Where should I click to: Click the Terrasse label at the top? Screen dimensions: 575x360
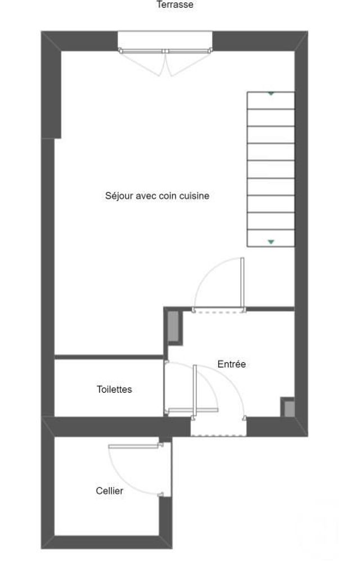[175, 5]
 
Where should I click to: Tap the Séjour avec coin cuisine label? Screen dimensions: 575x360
[157, 196]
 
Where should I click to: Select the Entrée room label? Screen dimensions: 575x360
[231, 364]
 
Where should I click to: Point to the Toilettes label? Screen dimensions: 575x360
[114, 389]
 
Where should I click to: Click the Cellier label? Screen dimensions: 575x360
[109, 491]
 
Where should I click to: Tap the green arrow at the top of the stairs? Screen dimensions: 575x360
[271, 94]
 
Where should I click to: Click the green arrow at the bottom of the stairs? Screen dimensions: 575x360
[271, 242]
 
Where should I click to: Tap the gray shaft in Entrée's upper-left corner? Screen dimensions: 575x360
[173, 326]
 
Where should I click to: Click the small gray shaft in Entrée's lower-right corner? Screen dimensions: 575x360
[288, 408]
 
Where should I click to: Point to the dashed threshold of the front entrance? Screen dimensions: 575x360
[218, 434]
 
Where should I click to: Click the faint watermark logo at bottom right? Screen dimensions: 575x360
[318, 529]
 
